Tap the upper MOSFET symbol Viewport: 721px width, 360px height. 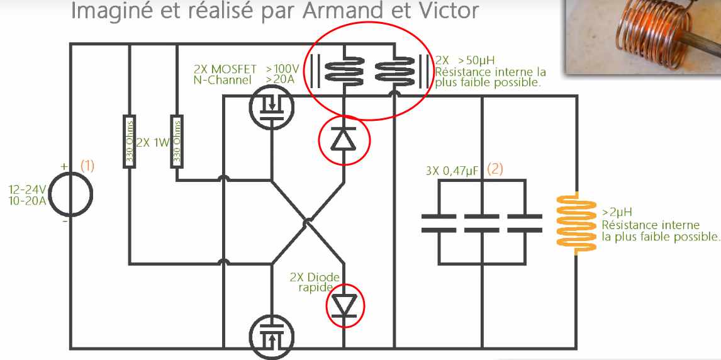pyautogui.click(x=271, y=106)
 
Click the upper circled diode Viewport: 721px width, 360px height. pyautogui.click(x=344, y=139)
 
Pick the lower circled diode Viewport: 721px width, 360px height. pyautogui.click(x=344, y=305)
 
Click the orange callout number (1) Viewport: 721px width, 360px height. pyautogui.click(x=87, y=166)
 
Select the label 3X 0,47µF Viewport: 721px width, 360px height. pyautogui.click(x=453, y=170)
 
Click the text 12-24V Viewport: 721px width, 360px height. pyautogui.click(x=27, y=189)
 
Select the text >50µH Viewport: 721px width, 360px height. pyautogui.click(x=472, y=60)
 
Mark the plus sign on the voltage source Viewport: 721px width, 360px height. pyautogui.click(x=64, y=166)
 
